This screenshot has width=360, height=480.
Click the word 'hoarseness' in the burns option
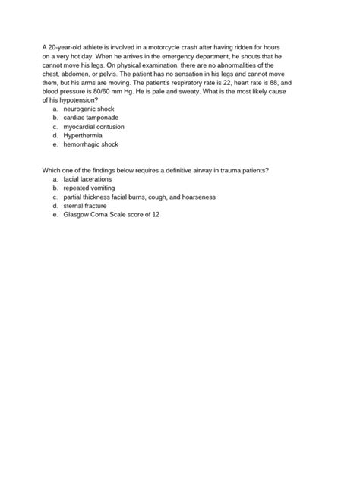198,197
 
